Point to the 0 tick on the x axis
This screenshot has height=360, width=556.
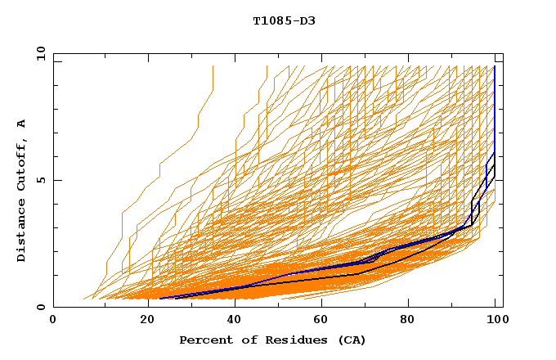coord(54,320)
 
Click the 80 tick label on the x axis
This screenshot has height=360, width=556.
coord(409,320)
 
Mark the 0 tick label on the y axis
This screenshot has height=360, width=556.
coord(41,308)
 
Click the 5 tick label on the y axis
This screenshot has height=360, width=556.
coord(41,180)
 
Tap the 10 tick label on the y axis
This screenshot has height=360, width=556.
coord(38,53)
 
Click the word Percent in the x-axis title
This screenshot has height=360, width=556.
coord(204,340)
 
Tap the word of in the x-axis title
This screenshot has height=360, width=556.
coord(243,340)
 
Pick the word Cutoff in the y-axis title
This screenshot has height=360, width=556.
coord(21,167)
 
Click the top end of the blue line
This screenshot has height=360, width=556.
coord(495,66)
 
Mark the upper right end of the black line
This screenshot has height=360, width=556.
coord(495,165)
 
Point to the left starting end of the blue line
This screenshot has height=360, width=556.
coord(158,298)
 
